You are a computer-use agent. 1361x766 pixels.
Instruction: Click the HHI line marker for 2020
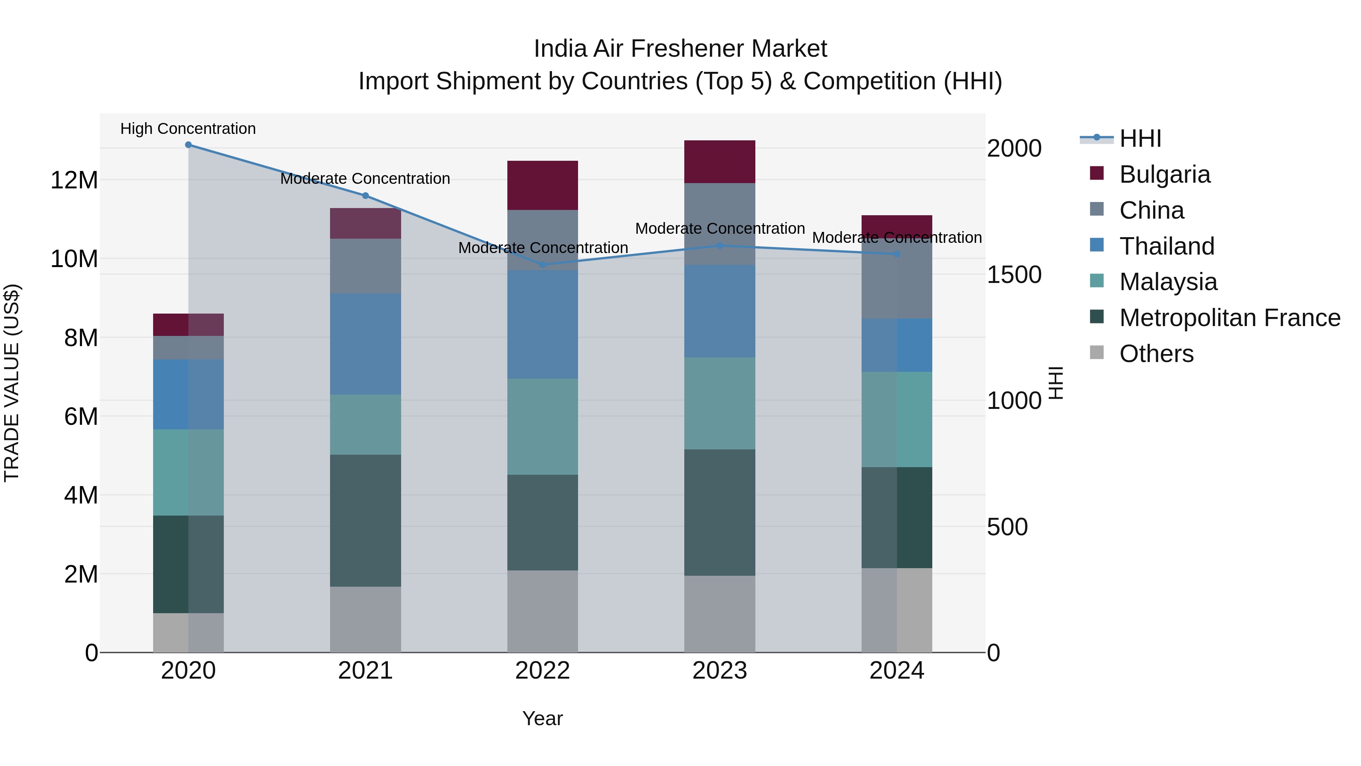188,145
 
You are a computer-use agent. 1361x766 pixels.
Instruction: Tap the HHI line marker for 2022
542,265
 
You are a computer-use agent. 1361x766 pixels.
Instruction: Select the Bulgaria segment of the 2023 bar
719,162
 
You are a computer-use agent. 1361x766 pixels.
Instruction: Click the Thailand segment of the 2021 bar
365,344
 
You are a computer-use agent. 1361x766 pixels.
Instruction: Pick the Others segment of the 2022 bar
542,611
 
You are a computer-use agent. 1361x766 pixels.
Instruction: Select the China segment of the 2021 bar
365,266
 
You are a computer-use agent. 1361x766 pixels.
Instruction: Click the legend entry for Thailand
1167,246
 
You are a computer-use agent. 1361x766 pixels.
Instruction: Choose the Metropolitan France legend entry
1229,318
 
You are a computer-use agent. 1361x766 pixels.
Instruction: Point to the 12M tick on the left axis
74,180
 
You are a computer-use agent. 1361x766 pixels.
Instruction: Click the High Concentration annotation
188,129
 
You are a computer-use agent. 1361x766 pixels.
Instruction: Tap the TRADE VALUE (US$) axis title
12,383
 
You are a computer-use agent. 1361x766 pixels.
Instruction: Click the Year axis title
542,718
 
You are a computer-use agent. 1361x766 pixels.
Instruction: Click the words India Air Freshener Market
680,49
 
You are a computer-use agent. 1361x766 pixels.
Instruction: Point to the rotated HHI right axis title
1056,383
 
